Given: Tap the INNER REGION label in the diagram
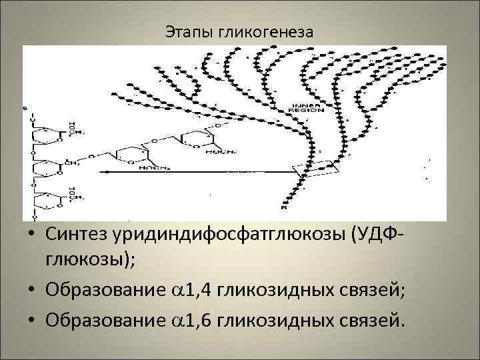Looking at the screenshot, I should coord(307,108).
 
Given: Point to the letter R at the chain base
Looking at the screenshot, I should coord(283,209).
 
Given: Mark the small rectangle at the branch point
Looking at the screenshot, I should coord(321,170).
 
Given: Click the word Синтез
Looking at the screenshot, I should coord(79,235).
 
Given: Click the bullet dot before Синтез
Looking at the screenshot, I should coord(31,235).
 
